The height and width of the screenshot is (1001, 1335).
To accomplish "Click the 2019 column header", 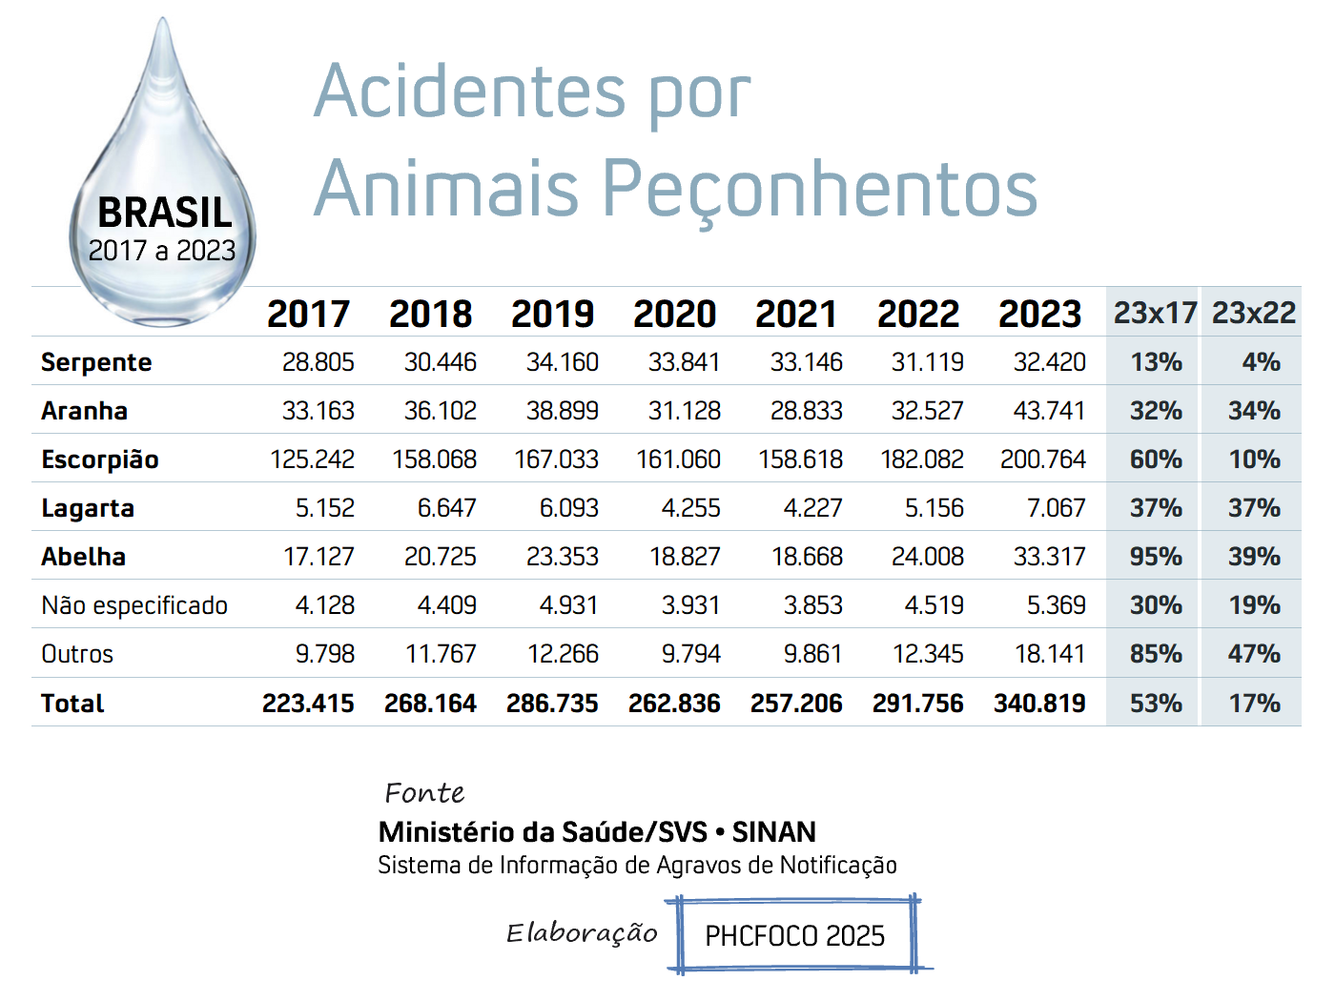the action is click(552, 315).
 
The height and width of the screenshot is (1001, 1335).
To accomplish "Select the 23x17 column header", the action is click(1155, 313).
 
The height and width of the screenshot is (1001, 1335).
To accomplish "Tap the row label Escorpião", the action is click(100, 460).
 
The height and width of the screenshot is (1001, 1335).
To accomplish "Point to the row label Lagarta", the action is click(88, 509).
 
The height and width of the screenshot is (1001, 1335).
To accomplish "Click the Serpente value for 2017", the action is click(318, 362).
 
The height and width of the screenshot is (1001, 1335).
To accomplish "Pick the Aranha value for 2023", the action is click(1049, 411).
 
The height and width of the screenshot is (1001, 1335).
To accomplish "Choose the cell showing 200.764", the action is click(1042, 460).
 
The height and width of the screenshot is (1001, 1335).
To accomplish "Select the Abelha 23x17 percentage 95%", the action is click(1156, 557).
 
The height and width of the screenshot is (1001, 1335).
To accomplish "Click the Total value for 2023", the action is click(1039, 704).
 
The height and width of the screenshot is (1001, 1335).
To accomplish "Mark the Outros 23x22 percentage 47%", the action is click(1254, 654).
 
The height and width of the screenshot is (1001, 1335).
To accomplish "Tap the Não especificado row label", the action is click(134, 605).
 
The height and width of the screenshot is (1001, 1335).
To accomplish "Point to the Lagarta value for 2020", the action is click(691, 508).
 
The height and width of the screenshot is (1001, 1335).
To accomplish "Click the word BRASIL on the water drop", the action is click(165, 213).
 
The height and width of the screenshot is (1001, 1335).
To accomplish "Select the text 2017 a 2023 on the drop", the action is click(162, 251).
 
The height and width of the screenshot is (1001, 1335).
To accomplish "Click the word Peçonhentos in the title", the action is click(821, 188).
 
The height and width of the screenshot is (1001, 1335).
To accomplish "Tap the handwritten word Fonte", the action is click(424, 793).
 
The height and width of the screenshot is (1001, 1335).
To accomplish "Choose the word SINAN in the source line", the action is click(773, 832).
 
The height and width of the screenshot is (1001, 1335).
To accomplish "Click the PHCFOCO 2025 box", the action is click(794, 936).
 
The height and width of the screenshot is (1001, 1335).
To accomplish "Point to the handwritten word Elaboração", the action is click(582, 933).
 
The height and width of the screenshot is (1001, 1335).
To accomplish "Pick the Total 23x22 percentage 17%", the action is click(1255, 704).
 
